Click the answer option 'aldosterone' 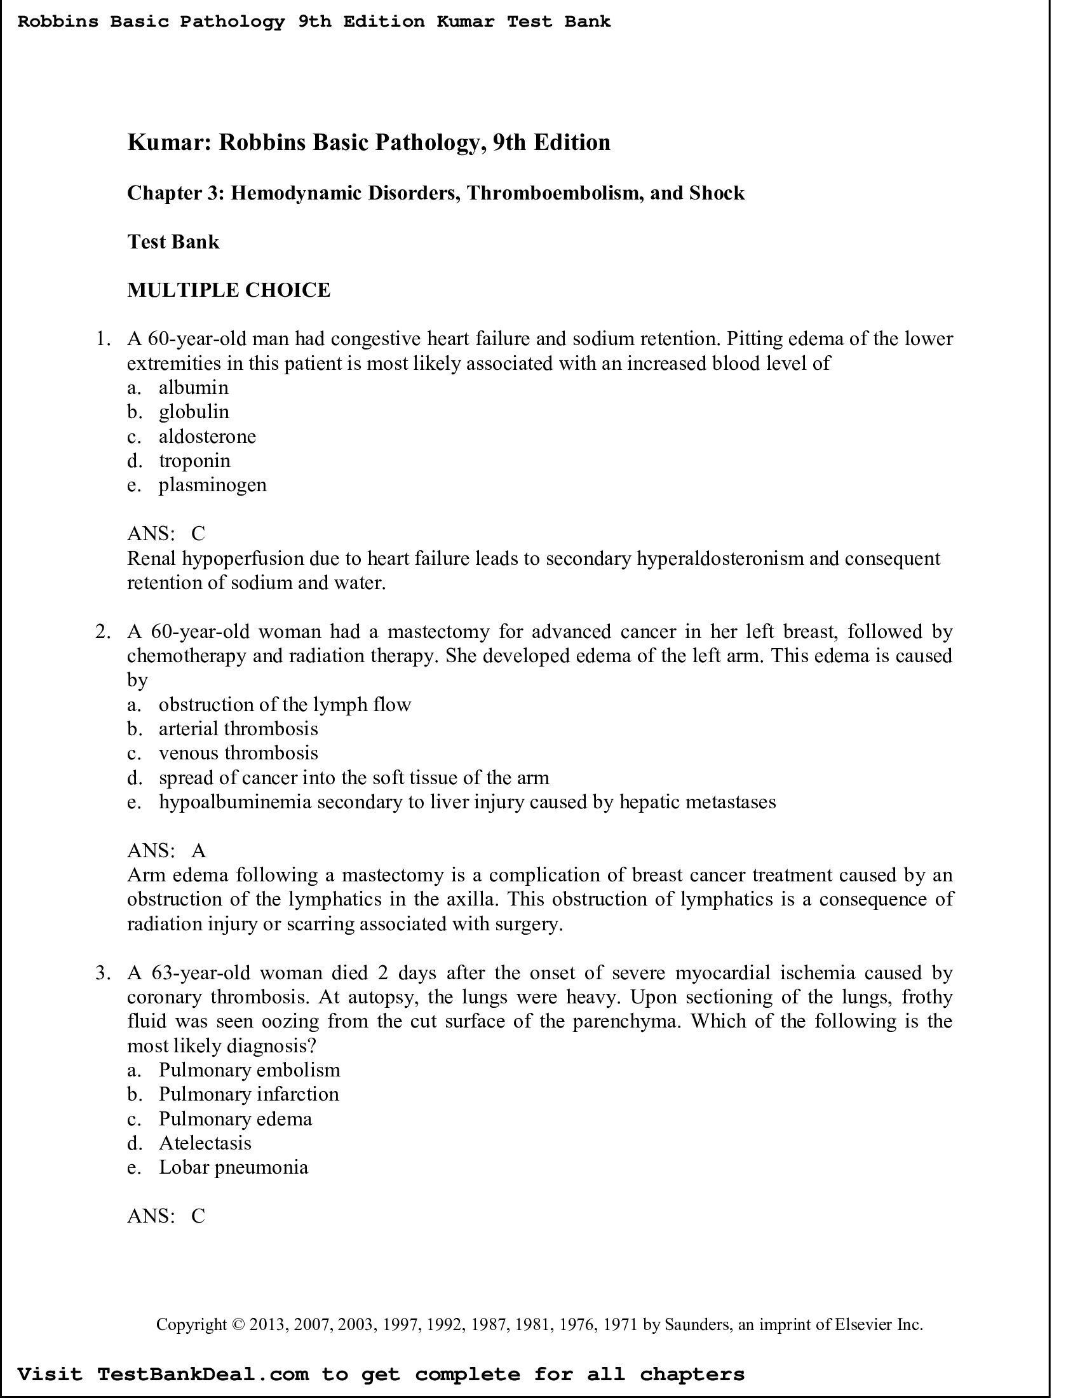coord(206,437)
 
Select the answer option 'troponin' coord(194,461)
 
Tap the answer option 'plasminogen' coord(212,485)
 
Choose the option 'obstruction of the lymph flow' coord(285,705)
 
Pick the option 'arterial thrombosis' coord(238,729)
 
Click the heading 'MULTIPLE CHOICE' coord(229,290)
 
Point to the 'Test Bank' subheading coord(173,242)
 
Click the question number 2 coord(102,632)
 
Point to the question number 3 coord(102,973)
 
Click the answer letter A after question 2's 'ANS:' coord(199,851)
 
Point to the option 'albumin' coord(193,388)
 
